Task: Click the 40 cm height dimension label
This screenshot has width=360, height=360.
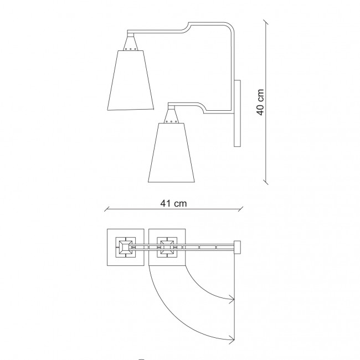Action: [x=260, y=102]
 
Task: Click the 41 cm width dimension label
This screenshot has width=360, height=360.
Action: [x=173, y=203]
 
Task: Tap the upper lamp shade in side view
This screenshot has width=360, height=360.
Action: [x=130, y=80]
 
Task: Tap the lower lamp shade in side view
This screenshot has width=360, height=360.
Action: [x=171, y=153]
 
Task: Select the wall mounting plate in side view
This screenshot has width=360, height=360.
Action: [x=237, y=113]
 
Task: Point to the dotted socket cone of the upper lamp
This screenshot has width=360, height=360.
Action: [x=130, y=44]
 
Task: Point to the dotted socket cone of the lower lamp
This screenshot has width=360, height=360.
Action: [x=171, y=116]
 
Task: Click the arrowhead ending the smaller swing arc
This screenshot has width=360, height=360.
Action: [x=232, y=300]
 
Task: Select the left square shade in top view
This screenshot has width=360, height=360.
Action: [x=126, y=247]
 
